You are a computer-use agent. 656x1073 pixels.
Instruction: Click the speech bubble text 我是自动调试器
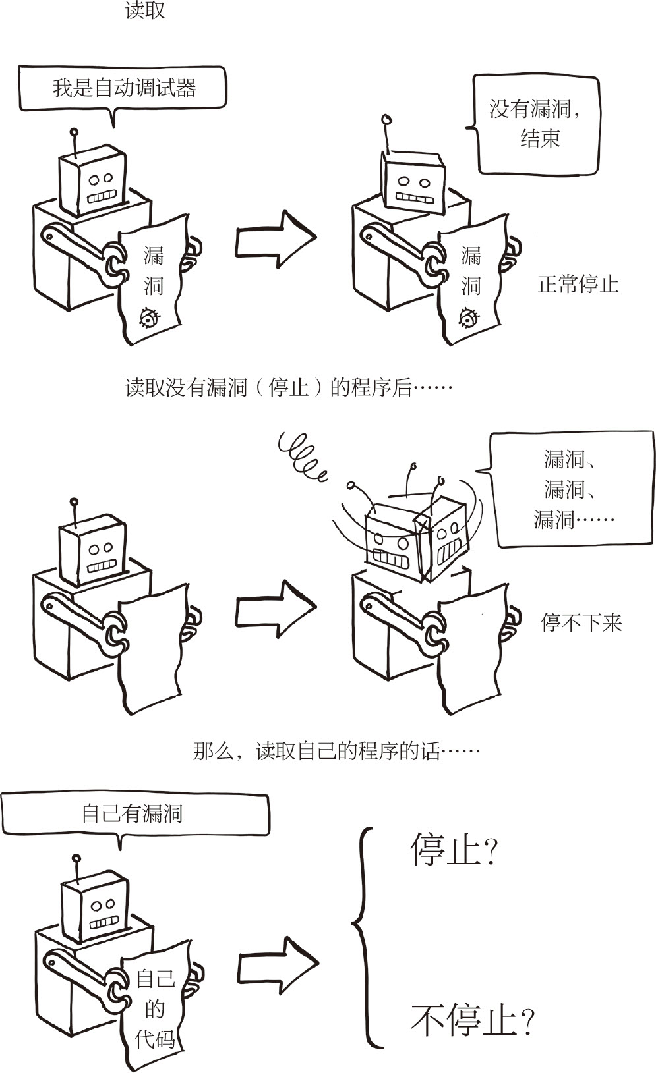tap(124, 88)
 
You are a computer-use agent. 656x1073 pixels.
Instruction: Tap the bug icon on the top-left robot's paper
tap(148, 317)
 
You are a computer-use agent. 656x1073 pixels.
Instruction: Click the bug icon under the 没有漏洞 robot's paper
tap(469, 319)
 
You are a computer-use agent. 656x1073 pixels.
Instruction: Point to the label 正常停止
tap(578, 285)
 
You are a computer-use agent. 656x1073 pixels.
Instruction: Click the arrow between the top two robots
tap(276, 239)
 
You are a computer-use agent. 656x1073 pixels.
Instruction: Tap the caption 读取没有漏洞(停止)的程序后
tap(288, 387)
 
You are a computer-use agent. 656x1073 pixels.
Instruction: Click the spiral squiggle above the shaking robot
tap(302, 454)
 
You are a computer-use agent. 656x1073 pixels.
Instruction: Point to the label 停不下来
tap(581, 622)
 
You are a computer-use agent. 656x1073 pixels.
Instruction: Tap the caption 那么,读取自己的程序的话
tap(336, 751)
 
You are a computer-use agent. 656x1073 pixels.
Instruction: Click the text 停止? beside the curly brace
tap(453, 850)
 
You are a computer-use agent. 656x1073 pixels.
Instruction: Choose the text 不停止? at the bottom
tap(471, 1020)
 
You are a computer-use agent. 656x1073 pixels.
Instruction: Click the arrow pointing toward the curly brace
tap(278, 965)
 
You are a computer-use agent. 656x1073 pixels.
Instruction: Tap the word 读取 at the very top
tap(144, 11)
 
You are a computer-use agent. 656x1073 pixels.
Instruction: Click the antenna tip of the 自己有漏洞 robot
tap(76, 858)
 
